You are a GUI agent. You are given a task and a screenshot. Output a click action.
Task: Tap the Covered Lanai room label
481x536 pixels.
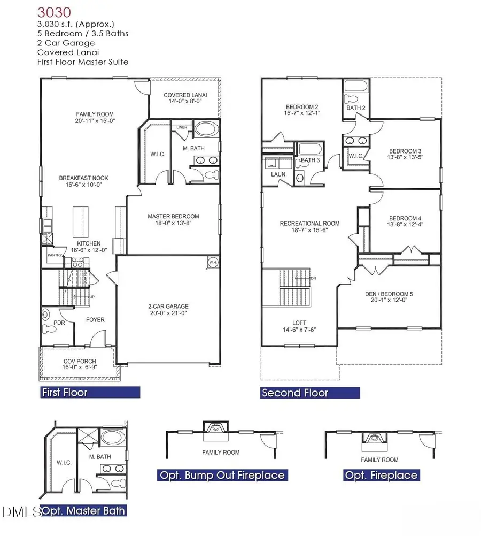pos(185,95)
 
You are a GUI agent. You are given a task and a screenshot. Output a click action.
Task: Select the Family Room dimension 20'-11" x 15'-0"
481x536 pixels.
pos(95,121)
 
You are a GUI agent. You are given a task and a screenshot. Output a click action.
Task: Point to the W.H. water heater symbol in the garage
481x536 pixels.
pos(212,262)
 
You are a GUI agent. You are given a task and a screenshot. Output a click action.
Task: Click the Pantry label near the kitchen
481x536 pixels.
pos(55,255)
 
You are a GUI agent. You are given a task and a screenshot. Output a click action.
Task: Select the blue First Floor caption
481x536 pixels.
pos(65,393)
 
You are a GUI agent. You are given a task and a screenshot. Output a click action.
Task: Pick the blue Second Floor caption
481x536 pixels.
pos(294,393)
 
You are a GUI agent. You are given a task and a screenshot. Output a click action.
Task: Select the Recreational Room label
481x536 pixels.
pos(310,224)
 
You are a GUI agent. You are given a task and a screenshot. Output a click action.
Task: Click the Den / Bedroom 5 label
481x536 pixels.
pos(389,294)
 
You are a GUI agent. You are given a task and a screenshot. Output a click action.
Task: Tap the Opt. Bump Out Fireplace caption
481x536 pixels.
pos(222,475)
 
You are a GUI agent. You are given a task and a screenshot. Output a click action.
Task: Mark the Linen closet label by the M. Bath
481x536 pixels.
pos(183,127)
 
